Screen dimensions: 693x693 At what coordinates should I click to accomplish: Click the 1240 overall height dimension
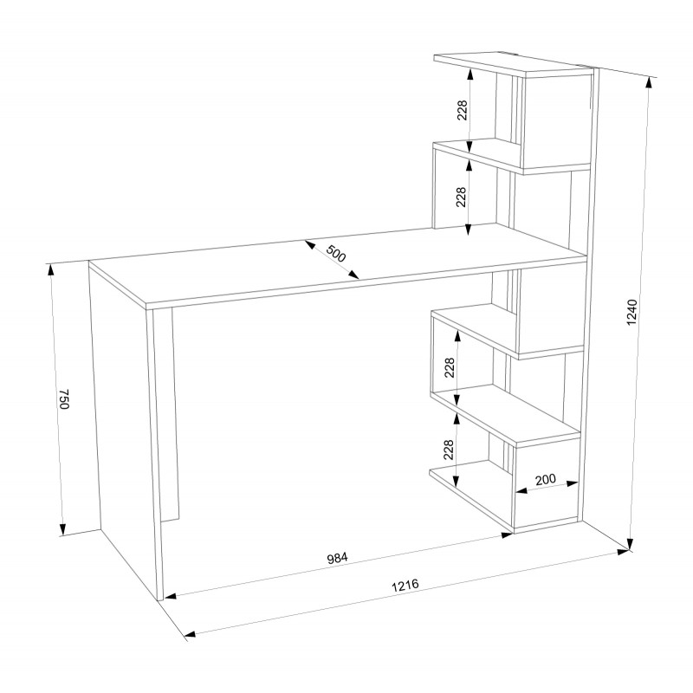pyautogui.click(x=632, y=313)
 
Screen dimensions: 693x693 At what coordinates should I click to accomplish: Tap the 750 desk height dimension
pyautogui.click(x=64, y=399)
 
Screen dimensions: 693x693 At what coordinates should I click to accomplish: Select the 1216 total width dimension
pyautogui.click(x=405, y=586)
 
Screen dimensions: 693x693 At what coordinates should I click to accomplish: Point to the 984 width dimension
pyautogui.click(x=337, y=558)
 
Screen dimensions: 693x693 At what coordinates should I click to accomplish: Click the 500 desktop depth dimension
pyautogui.click(x=335, y=253)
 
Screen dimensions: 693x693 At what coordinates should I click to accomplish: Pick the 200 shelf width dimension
pyautogui.click(x=546, y=480)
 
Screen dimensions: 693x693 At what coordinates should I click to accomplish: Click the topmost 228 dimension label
pyautogui.click(x=462, y=110)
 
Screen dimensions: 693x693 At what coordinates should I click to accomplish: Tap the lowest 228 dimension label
pyautogui.click(x=449, y=450)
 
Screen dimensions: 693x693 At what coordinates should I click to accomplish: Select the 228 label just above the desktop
pyautogui.click(x=461, y=198)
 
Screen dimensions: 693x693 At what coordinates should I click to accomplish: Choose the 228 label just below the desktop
pyautogui.click(x=450, y=367)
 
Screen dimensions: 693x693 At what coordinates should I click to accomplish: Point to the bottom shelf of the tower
pyautogui.click(x=470, y=494)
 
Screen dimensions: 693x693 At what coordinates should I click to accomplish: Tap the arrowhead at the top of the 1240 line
pyautogui.click(x=649, y=83)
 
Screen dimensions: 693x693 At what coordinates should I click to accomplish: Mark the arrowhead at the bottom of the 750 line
pyautogui.click(x=62, y=529)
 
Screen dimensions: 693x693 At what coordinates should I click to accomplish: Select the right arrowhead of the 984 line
pyautogui.click(x=507, y=535)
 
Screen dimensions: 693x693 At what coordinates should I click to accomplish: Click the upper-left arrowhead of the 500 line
pyautogui.click(x=309, y=244)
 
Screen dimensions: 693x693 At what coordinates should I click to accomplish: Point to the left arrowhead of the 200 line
pyautogui.click(x=521, y=490)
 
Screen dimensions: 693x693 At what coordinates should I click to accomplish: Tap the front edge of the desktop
pyautogui.click(x=365, y=283)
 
